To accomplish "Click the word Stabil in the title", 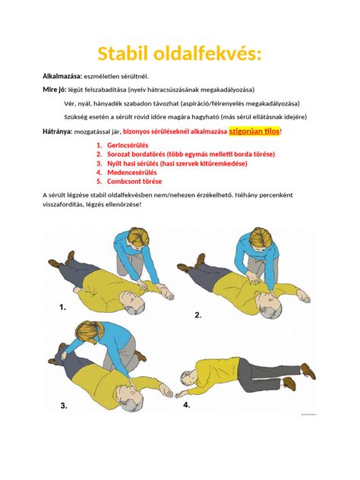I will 128,54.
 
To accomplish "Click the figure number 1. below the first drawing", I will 62,308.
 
